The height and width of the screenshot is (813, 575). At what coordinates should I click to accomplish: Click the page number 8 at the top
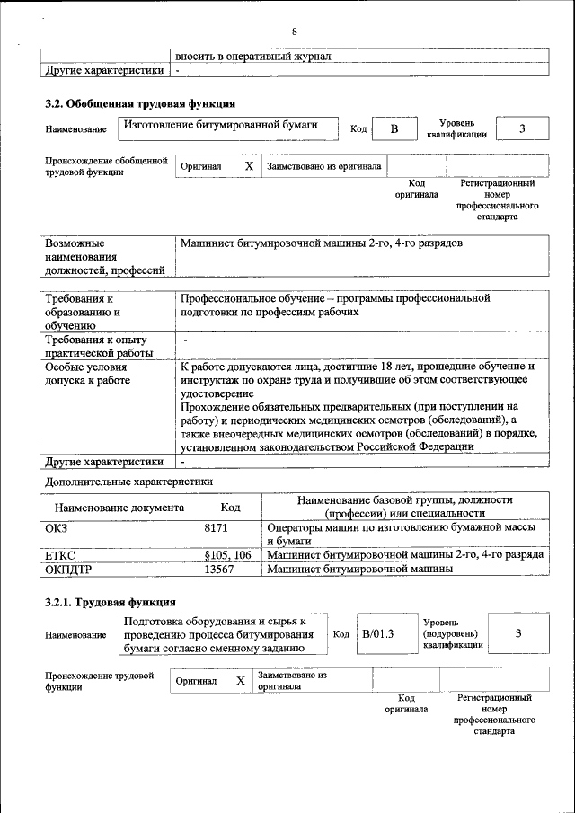click(294, 32)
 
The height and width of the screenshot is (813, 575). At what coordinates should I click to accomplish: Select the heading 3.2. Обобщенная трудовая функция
click(140, 103)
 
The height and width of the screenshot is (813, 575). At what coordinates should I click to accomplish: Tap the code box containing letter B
click(393, 129)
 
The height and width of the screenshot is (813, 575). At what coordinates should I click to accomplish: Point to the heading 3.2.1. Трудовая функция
click(110, 601)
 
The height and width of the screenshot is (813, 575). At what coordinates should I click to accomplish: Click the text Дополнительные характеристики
click(128, 482)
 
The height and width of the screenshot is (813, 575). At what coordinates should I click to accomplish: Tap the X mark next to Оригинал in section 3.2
click(249, 166)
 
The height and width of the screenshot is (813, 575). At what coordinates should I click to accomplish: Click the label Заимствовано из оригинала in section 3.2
click(323, 166)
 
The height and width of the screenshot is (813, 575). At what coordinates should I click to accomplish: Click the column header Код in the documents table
click(230, 508)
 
